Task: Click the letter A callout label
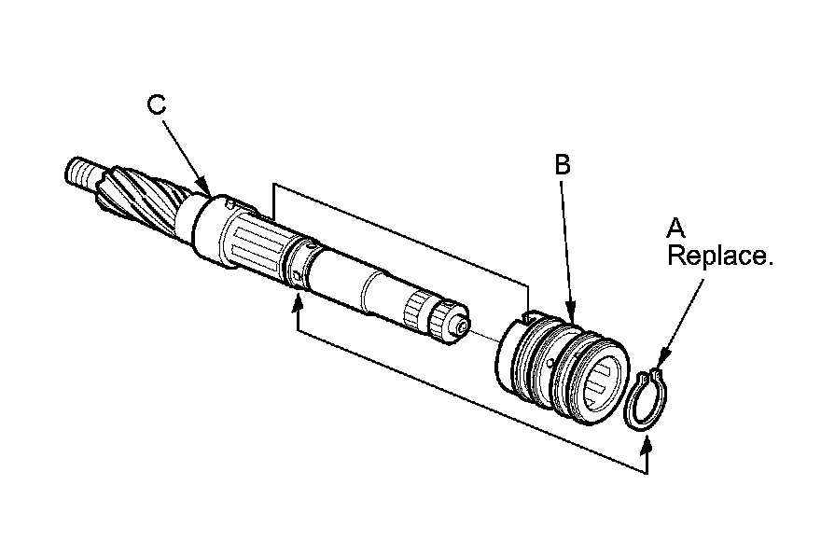pos(676,228)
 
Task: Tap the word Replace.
pos(719,256)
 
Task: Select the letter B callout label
pos(562,166)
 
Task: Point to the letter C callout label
pos(158,104)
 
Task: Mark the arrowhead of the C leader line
pos(205,190)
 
